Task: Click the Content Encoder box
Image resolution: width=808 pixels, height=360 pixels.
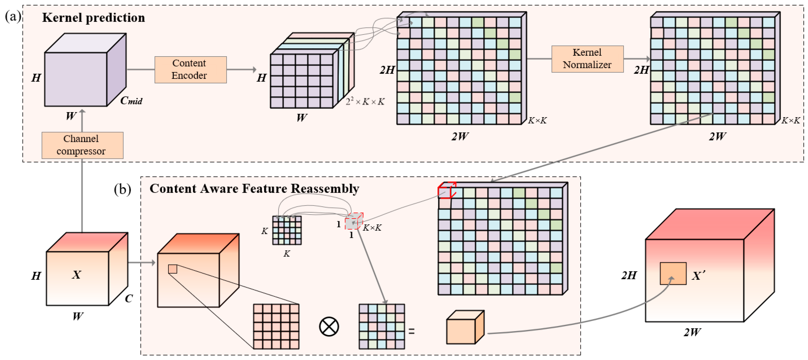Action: coord(190,70)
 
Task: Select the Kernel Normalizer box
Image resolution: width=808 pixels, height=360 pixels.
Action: coord(587,59)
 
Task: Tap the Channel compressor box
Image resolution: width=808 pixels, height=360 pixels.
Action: coord(82,145)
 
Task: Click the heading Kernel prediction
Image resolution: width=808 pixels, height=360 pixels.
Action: coord(93,18)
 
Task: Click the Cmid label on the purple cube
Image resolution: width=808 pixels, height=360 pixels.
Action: coord(131,101)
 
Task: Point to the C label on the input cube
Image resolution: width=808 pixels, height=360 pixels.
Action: coord(129,298)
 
